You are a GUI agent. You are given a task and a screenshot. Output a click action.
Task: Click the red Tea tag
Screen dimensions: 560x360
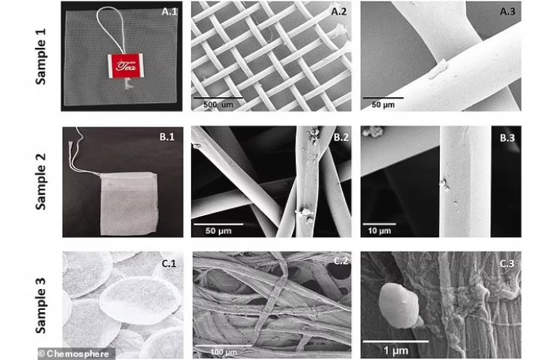(125, 66)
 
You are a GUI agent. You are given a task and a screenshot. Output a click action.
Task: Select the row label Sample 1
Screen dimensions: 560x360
(41, 57)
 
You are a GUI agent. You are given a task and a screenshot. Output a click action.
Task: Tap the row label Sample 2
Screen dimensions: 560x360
(41, 181)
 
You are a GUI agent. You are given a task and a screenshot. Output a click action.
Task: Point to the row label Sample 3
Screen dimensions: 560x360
(41, 305)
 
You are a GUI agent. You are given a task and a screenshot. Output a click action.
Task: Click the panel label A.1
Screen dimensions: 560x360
(169, 12)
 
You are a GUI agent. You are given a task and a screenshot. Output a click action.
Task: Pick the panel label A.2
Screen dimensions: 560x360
(339, 12)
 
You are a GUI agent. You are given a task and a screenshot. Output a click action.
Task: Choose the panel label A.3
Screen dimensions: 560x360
(508, 12)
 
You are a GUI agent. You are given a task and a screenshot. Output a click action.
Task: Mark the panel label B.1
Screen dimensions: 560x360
(167, 137)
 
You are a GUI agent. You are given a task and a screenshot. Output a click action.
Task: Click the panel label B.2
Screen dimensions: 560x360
(341, 137)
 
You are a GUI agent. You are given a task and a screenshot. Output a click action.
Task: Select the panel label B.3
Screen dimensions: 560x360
(507, 138)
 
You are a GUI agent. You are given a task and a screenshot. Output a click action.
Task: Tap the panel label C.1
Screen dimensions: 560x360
(169, 264)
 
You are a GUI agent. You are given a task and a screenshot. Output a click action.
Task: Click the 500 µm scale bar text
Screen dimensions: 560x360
(218, 105)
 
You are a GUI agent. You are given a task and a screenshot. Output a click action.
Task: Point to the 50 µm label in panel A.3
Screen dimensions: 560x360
(383, 105)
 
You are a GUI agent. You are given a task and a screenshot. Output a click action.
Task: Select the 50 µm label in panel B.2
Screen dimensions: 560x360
(218, 231)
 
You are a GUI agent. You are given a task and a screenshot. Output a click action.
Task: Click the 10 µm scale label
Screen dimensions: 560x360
(379, 231)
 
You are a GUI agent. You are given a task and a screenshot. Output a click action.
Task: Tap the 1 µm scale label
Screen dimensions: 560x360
(396, 350)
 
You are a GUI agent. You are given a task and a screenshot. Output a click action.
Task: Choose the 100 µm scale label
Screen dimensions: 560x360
(223, 352)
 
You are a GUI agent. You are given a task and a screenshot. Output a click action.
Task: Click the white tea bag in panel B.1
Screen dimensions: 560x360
(129, 203)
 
